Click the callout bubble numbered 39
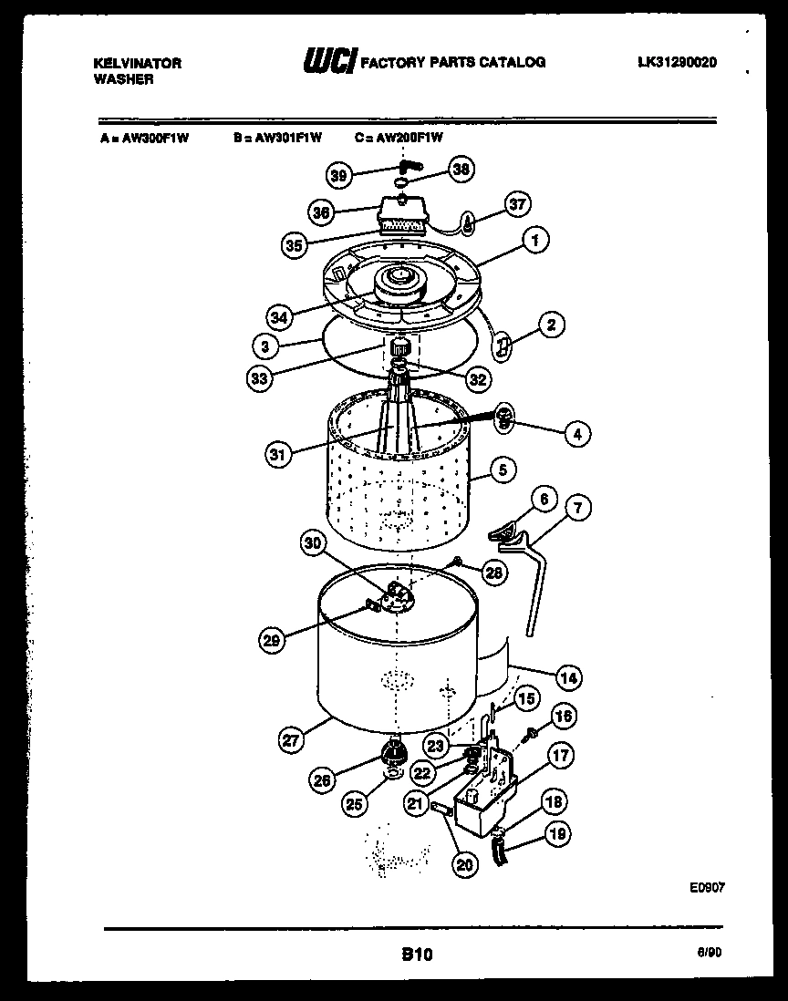pyautogui.click(x=338, y=176)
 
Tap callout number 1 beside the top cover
pyautogui.click(x=536, y=241)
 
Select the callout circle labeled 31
pyautogui.click(x=279, y=453)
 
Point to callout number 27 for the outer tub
pyautogui.click(x=291, y=741)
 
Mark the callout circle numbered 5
pyautogui.click(x=503, y=470)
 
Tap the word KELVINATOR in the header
pyautogui.click(x=138, y=63)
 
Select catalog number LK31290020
pyautogui.click(x=677, y=63)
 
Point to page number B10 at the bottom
pyautogui.click(x=416, y=955)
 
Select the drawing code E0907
pyautogui.click(x=708, y=885)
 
